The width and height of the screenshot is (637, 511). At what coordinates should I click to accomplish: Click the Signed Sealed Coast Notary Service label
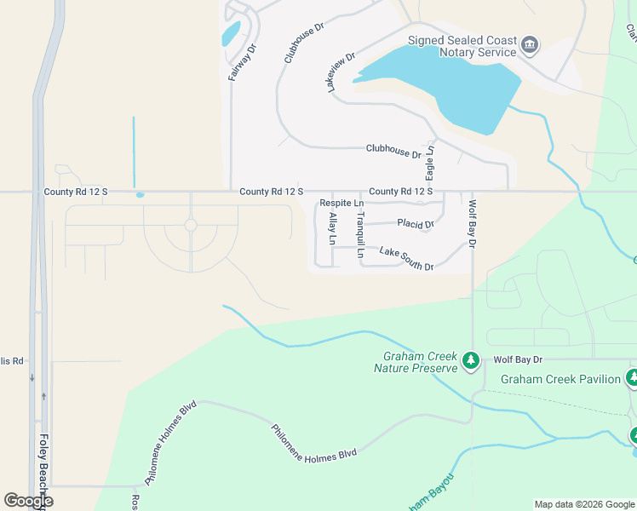(x=462, y=46)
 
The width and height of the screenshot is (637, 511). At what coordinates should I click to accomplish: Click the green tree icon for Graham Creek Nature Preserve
(x=470, y=362)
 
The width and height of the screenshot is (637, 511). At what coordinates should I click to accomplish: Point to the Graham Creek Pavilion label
(x=560, y=379)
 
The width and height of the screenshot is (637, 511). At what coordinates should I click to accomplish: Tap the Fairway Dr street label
(x=241, y=62)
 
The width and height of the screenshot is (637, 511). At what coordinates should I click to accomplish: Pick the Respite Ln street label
(x=341, y=204)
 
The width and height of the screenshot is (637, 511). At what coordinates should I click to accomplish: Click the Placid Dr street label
(x=416, y=224)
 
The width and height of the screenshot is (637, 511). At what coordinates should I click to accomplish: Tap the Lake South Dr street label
(x=406, y=259)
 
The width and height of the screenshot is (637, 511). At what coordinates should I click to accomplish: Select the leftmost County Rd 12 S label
(x=77, y=192)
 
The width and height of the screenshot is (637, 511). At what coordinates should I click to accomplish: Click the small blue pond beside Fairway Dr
(x=230, y=34)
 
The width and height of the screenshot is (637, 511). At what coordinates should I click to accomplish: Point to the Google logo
(x=28, y=501)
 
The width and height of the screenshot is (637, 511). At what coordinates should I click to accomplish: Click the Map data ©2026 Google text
(x=583, y=504)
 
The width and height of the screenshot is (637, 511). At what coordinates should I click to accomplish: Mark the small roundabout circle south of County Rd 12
(x=191, y=226)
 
